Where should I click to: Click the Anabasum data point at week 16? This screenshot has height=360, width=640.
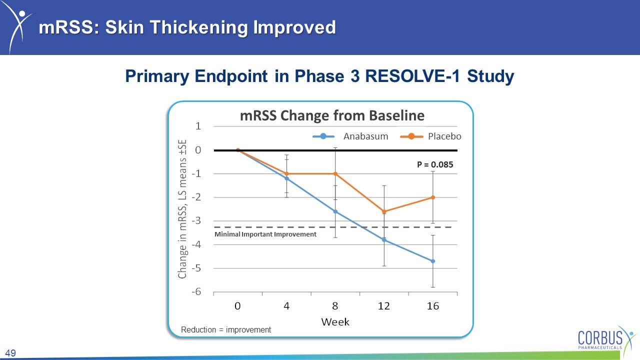433,261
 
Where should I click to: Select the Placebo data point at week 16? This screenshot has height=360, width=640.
433,197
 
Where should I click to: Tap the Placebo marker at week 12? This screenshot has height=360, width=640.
384,211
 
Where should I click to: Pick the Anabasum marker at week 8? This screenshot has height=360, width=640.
335,211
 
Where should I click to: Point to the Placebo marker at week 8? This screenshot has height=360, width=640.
335,173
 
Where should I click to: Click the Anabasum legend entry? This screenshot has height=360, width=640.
350,136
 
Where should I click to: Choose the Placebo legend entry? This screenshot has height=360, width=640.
430,136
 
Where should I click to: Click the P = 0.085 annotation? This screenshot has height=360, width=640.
435,164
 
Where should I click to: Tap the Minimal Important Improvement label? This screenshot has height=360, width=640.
265,234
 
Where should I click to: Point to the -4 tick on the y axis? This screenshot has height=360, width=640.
196,244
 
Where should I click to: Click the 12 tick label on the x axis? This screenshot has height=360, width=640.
383,306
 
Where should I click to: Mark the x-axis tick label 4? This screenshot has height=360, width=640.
286,306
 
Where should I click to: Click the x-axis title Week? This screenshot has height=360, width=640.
335,322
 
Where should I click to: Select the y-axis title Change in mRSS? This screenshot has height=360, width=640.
182,209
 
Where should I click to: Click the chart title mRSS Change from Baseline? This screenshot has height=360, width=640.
332,115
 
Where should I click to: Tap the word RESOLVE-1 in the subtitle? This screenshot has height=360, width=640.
412,76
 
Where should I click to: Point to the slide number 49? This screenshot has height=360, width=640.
10,353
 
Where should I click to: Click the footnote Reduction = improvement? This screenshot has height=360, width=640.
225,329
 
